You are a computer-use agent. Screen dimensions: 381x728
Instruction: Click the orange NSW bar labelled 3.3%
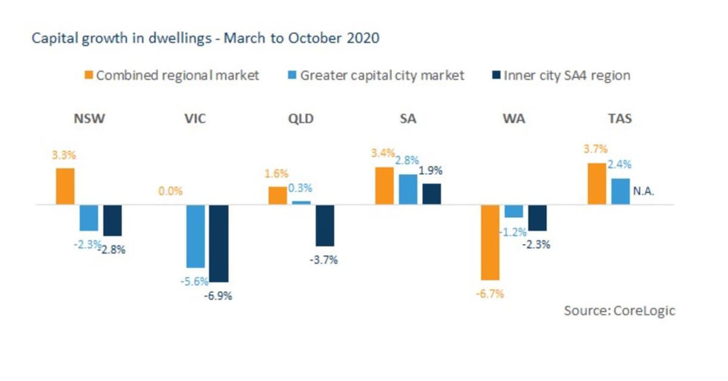point(66,186)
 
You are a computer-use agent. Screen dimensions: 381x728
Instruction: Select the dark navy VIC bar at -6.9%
point(219,243)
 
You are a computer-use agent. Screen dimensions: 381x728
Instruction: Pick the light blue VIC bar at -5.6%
point(195,236)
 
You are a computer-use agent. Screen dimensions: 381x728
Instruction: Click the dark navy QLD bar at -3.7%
point(325,225)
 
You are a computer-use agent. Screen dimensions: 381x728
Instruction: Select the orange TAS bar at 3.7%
point(596,184)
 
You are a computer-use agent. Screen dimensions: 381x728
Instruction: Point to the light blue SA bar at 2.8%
point(408,189)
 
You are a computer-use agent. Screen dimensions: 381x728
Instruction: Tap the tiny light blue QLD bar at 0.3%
point(302,203)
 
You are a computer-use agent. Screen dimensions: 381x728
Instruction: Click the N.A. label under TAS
point(644,191)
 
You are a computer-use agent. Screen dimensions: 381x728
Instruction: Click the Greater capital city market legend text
point(382,76)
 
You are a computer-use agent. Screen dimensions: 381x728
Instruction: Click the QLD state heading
point(301,119)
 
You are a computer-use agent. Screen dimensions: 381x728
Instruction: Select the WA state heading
point(514,119)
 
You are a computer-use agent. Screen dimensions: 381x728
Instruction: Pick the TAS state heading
point(619,119)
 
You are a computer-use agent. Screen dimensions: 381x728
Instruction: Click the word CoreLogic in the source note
point(645,311)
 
